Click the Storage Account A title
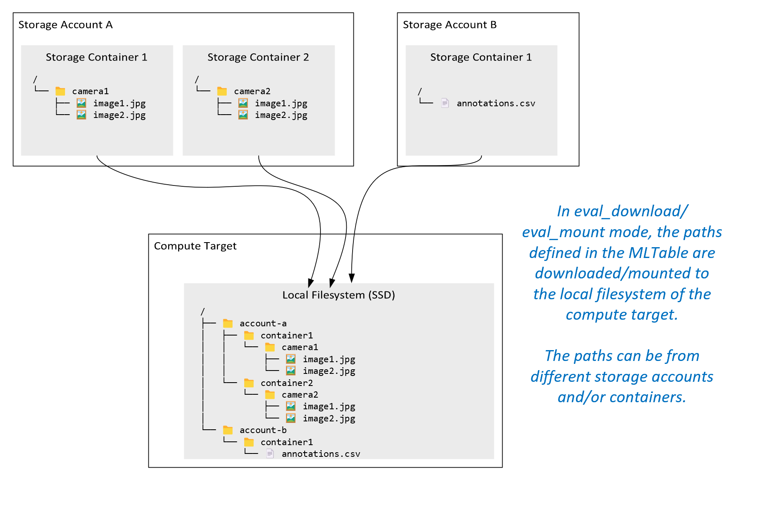point(65,25)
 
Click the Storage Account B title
point(450,25)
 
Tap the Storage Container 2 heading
point(258,57)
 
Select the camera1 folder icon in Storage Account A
point(60,91)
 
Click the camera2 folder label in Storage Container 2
point(252,91)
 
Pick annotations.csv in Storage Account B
point(496,103)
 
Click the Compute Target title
point(195,246)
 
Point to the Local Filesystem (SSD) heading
point(338,295)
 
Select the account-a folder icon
point(228,323)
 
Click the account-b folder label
point(263,430)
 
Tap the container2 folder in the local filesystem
point(287,383)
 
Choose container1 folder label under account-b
point(287,442)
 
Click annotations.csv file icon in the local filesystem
point(270,453)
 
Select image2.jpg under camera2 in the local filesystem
point(329,418)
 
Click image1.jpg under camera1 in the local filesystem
point(329,359)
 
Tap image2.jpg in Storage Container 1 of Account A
point(119,115)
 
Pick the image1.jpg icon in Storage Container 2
point(243,103)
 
